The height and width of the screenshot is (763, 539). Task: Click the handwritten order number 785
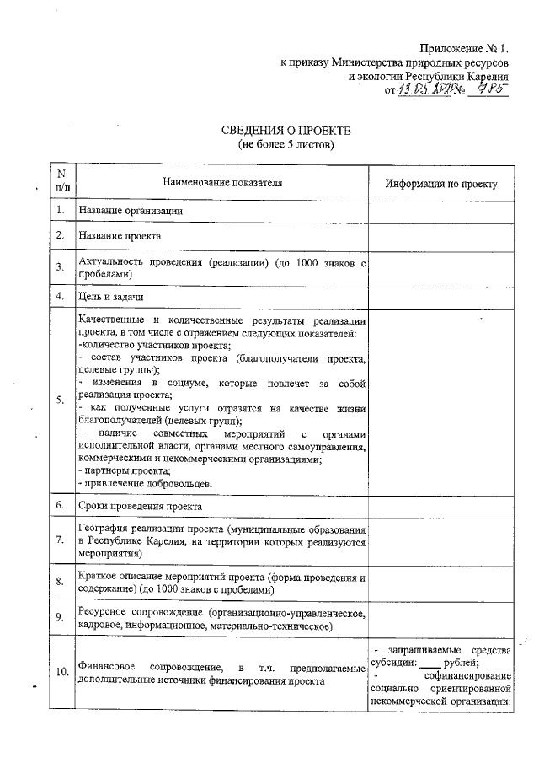click(493, 89)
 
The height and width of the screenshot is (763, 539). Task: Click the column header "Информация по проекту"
click(441, 184)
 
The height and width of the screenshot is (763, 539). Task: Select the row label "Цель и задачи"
click(110, 297)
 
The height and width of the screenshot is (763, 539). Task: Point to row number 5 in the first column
click(61, 401)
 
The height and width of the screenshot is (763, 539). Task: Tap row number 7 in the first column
click(61, 541)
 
